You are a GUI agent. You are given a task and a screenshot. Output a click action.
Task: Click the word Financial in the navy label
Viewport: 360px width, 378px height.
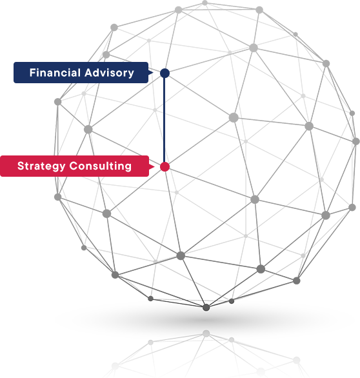55,72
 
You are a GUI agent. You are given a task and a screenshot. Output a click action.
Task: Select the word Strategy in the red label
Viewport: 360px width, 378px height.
41,166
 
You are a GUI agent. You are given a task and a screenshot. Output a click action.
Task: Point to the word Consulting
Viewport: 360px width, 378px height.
100,166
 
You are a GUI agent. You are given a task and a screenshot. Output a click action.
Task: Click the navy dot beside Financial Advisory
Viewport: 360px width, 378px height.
165,73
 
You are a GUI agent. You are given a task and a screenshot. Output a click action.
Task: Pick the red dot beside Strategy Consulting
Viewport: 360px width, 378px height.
165,166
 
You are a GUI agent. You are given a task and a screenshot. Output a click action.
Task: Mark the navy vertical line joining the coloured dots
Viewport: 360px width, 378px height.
165,120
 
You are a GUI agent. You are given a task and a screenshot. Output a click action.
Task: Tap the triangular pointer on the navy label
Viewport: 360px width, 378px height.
151,72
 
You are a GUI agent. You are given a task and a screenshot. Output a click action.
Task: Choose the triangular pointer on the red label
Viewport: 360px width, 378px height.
152,166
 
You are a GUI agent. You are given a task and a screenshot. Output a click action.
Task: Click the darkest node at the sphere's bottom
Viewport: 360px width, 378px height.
206,307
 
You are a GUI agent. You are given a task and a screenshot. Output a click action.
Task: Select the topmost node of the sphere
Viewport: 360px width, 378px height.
205,3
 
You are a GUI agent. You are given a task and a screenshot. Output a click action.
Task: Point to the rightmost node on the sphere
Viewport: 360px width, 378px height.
356,141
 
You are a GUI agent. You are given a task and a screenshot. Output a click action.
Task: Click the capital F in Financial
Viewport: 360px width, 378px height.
32,72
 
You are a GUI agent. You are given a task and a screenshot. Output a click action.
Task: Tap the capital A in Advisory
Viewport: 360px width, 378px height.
89,72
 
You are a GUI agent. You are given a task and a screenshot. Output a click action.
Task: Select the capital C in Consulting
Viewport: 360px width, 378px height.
74,166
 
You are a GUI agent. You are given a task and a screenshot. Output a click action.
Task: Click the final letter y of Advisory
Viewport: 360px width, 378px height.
131,74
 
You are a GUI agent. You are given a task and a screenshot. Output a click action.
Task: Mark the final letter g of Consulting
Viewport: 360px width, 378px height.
128,168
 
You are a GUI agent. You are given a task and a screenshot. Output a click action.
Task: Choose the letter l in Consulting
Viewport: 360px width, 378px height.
110,166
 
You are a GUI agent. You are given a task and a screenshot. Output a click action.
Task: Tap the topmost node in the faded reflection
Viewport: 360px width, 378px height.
206,333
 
